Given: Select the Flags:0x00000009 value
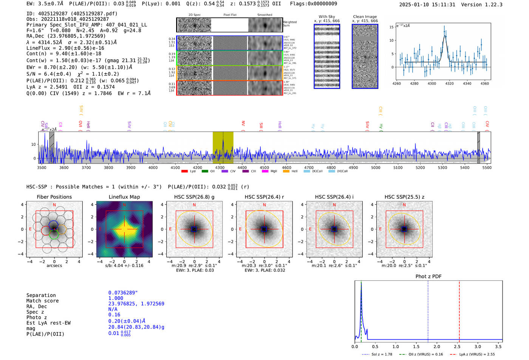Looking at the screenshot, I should [x=313, y=3].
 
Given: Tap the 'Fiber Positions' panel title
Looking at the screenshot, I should [x=54, y=197].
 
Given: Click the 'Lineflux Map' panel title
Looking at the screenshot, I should [x=124, y=197].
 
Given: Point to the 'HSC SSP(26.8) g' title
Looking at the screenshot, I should [x=194, y=197].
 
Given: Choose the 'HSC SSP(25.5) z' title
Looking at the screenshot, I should [x=404, y=197].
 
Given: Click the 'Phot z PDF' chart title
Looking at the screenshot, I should [x=428, y=277].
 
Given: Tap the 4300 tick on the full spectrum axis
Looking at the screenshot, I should [x=220, y=167].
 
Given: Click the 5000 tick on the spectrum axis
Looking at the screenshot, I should [x=376, y=167].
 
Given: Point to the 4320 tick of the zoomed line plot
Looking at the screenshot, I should [x=449, y=83].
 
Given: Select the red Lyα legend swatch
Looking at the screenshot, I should [x=184, y=171].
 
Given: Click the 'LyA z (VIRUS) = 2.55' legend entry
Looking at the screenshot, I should [x=477, y=354].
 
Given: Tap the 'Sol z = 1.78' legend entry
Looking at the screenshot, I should [x=382, y=354].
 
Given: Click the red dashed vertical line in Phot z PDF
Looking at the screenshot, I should [x=459, y=310].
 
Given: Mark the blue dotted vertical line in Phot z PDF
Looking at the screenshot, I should [x=428, y=310].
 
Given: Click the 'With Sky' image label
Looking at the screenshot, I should [x=327, y=17].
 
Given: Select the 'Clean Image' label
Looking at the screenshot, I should [x=365, y=17].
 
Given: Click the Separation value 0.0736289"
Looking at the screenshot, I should [x=123, y=293].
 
